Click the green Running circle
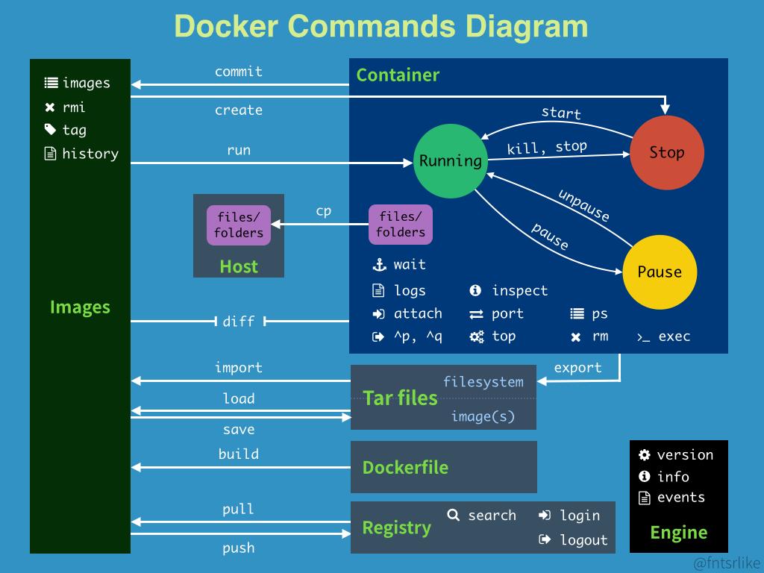pos(450,161)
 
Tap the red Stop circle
pos(666,153)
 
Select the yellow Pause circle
pos(660,272)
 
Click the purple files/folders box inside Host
pos(239,225)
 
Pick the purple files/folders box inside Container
pos(401,225)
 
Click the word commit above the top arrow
pos(239,72)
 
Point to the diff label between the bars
pos(239,322)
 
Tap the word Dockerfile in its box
pos(405,468)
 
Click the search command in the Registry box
pos(491,516)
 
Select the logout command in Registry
pos(583,540)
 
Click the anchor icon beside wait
pos(379,265)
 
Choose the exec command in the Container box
pos(673,336)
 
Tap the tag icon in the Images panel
pos(50,130)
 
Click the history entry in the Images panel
pos(90,154)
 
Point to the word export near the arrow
pos(577,368)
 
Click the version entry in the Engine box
pos(684,455)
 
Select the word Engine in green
pos(678,532)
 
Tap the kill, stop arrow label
pos(546,148)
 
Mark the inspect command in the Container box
pos(519,291)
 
